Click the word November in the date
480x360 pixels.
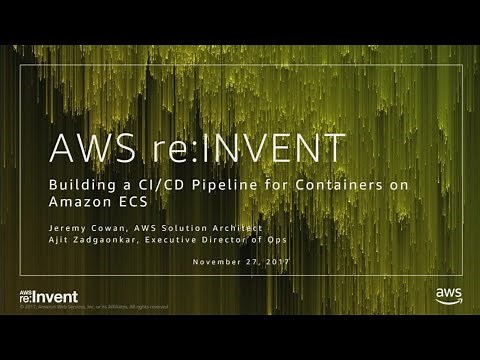point(223,262)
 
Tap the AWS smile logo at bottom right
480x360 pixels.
point(447,294)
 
